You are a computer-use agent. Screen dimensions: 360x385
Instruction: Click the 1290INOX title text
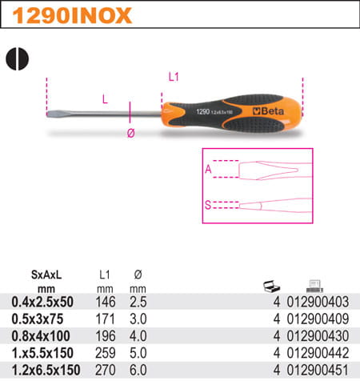(72, 15)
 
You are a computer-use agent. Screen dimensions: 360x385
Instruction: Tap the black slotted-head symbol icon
(17, 59)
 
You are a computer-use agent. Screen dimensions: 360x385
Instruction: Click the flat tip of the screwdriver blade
(48, 114)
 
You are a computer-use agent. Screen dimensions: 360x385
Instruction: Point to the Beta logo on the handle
(268, 111)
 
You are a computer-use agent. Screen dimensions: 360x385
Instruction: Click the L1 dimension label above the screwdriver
(174, 77)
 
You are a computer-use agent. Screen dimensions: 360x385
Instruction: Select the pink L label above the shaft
(105, 99)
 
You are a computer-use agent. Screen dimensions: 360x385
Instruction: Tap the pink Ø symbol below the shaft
(130, 133)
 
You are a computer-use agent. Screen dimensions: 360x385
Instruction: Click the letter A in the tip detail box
(208, 169)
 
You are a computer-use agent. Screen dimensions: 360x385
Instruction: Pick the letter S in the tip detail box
(208, 205)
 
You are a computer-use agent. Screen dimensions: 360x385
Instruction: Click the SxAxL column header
(46, 275)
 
